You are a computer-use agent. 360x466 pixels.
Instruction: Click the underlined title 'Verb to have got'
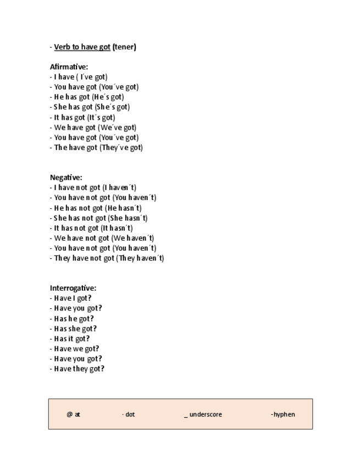pos(82,47)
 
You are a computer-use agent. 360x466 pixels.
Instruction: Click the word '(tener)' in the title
pos(124,47)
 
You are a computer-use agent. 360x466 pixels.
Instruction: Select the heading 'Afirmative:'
pos(69,67)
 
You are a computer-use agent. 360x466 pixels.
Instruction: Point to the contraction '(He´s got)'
pos(108,97)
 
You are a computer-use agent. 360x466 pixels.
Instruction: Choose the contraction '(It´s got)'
pos(101,118)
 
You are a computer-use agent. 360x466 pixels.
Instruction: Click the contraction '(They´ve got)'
pos(121,148)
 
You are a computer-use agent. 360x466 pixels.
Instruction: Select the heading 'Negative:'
pos(66,177)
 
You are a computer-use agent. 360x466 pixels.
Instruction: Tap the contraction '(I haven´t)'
pos(119,187)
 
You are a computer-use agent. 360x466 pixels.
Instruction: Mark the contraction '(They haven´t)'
pos(140,258)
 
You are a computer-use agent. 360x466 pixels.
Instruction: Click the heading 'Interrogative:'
pos(73,288)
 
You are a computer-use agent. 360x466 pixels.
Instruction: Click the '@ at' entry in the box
pos(73,414)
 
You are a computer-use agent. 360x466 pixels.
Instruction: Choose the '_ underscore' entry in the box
pos(203,414)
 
